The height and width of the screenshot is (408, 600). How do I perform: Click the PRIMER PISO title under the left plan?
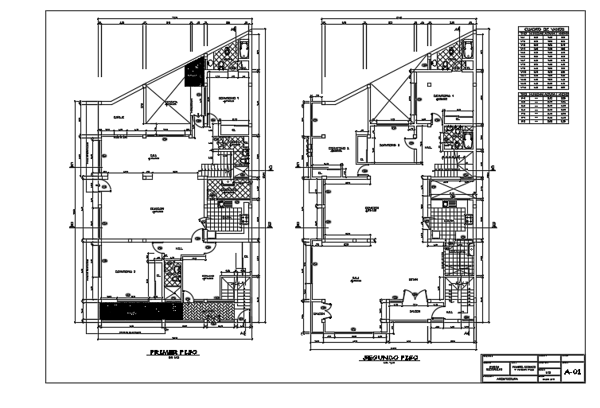(x=173, y=351)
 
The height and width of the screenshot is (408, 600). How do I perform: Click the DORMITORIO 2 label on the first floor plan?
(x=126, y=271)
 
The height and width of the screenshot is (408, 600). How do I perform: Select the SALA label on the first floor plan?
(x=154, y=156)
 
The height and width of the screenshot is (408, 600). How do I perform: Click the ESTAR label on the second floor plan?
(x=413, y=279)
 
